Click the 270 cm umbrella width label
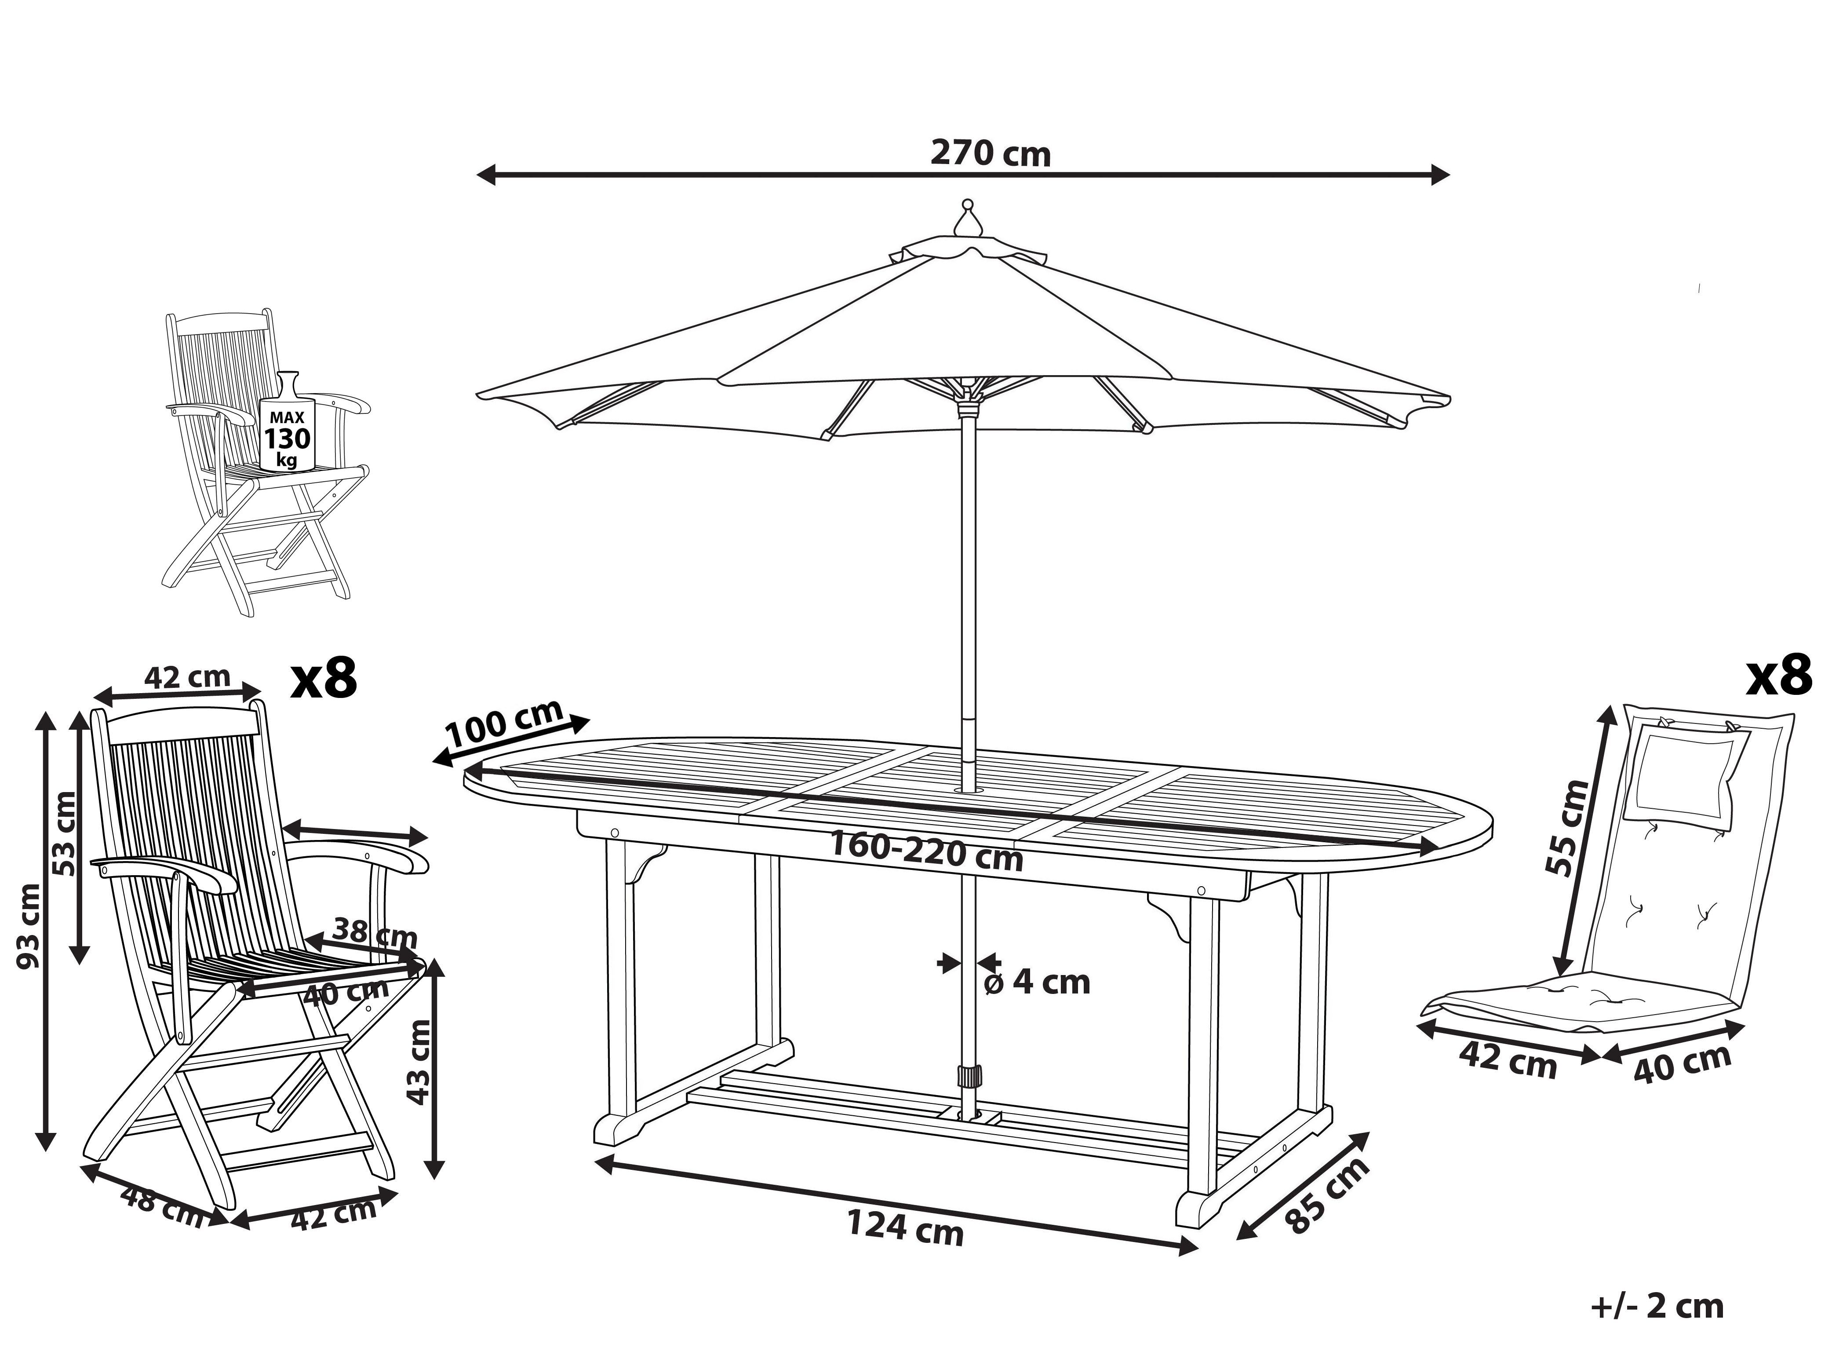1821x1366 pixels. pyautogui.click(x=991, y=154)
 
